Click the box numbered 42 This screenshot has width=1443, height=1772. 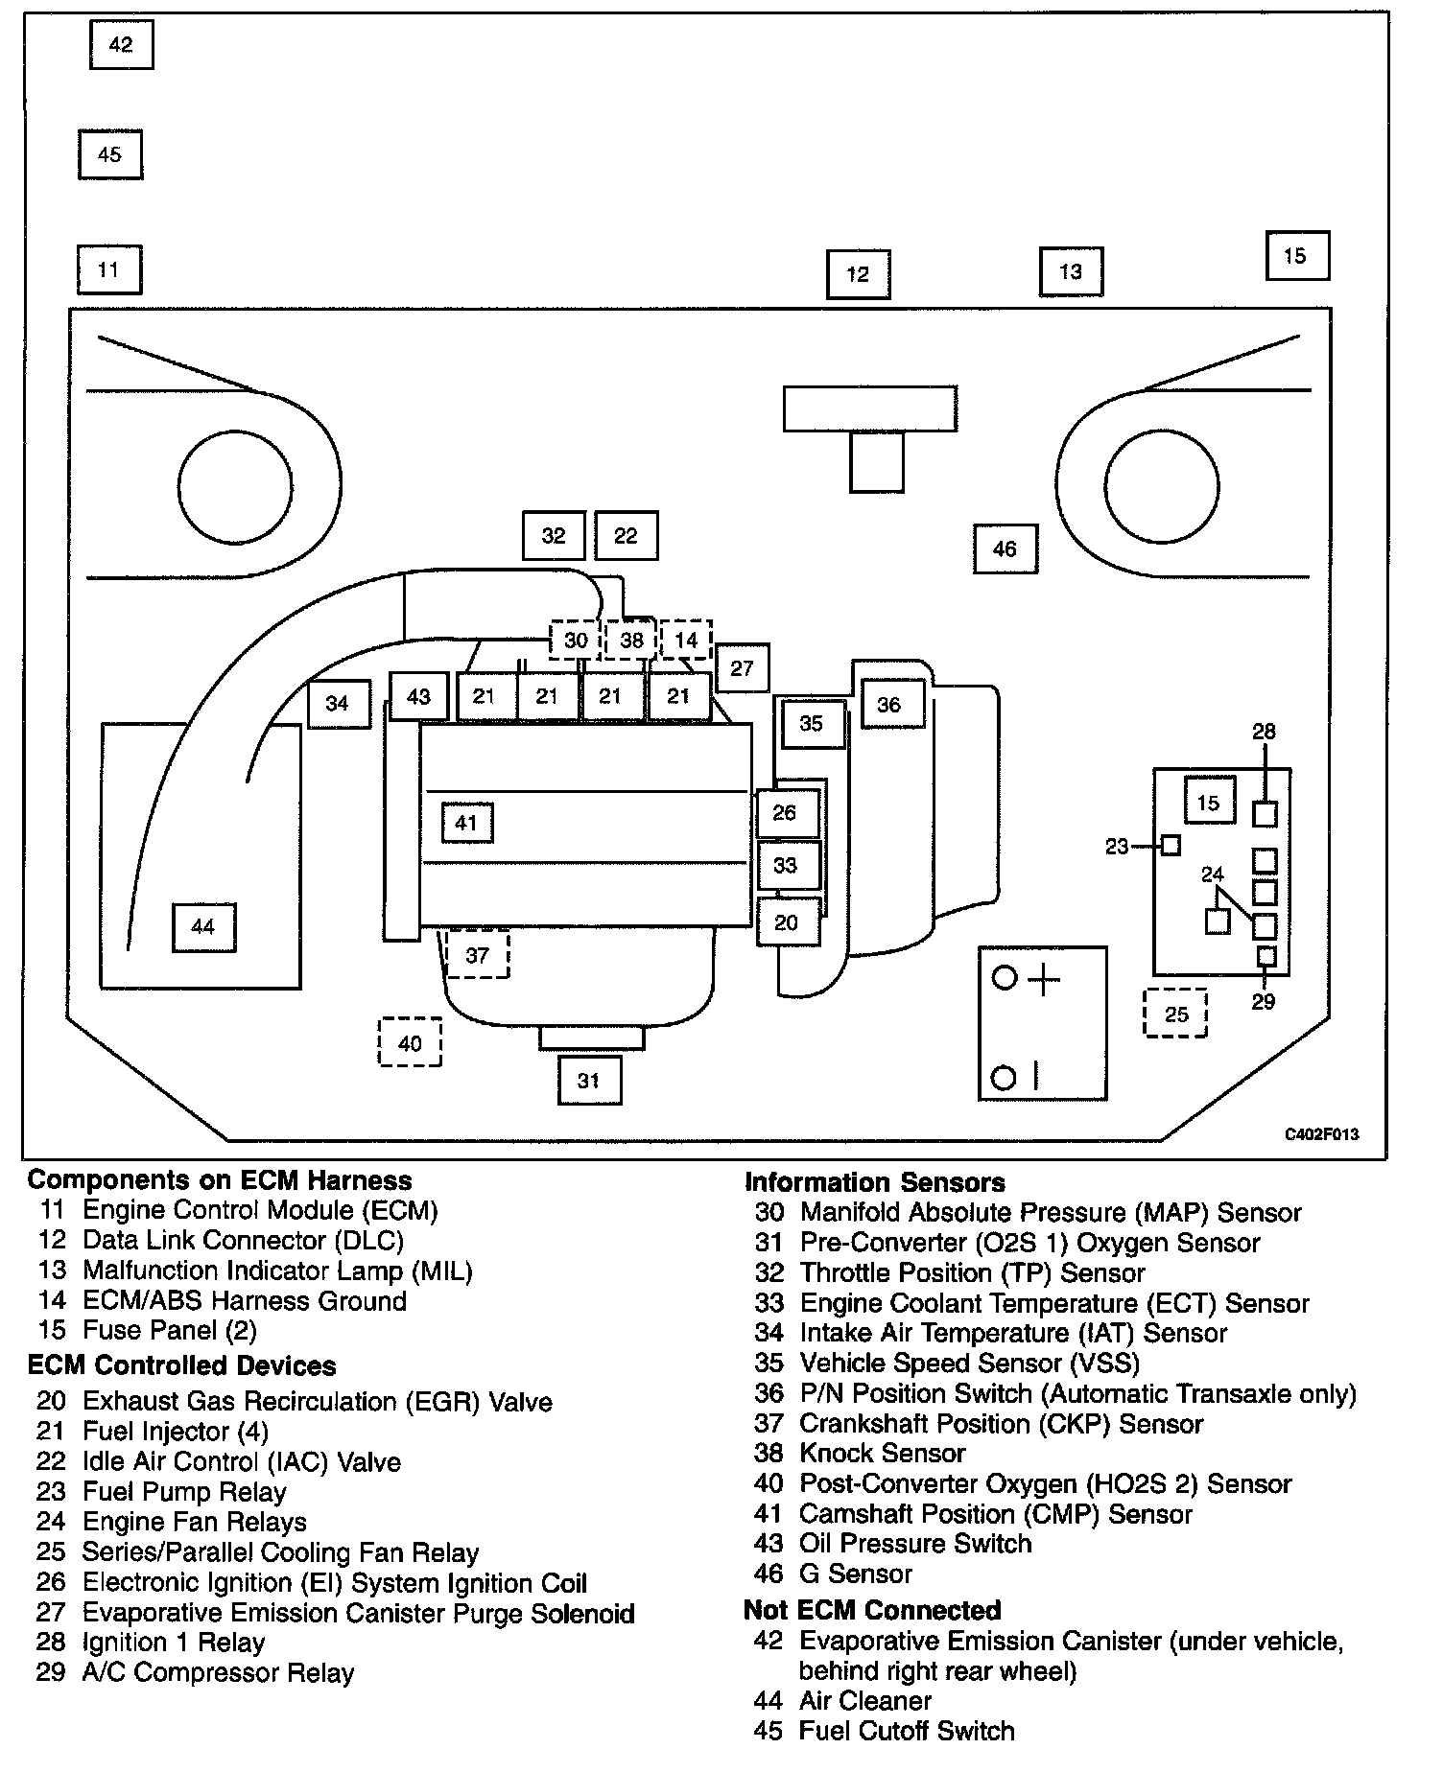click(x=121, y=45)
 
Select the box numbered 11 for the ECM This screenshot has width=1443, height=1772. click(x=108, y=269)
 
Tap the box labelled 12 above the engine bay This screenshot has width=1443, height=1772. click(x=858, y=274)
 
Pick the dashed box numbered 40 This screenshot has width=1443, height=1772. click(x=410, y=1042)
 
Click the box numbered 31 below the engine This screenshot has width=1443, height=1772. click(x=589, y=1081)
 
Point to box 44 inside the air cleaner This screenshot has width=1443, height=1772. click(x=203, y=927)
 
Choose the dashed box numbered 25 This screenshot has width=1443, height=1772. click(x=1176, y=1014)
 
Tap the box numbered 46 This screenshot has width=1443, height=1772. click(x=1005, y=549)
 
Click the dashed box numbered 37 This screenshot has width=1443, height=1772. click(x=478, y=955)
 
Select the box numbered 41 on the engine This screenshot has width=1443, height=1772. click(x=466, y=823)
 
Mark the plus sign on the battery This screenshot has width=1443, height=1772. click(x=1044, y=980)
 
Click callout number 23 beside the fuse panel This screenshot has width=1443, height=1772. click(x=1117, y=847)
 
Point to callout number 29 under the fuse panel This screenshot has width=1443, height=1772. click(x=1264, y=1002)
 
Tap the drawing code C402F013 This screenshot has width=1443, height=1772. click(x=1322, y=1134)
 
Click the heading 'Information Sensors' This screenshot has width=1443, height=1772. click(x=875, y=1182)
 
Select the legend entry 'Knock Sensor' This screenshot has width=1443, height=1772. click(x=882, y=1453)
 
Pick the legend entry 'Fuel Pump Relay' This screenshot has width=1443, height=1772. click(x=184, y=1492)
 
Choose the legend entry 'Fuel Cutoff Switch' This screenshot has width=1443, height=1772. click(x=906, y=1731)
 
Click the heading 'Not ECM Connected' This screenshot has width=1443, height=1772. click(x=872, y=1610)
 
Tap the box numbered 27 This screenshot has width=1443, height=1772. click(x=742, y=668)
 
